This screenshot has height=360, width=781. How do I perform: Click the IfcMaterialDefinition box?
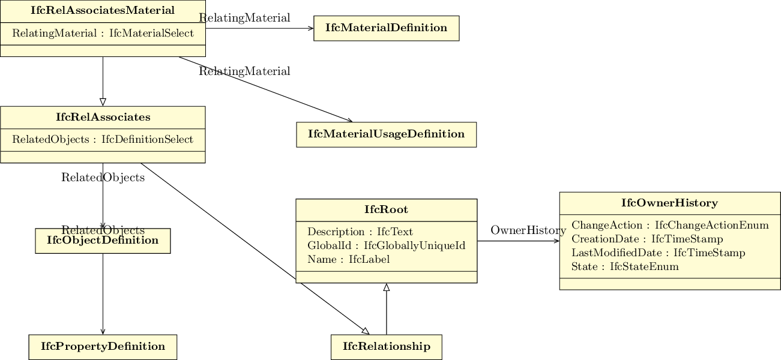click(387, 28)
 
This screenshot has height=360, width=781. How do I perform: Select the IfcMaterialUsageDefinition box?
click(387, 134)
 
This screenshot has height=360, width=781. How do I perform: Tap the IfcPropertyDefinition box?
click(103, 347)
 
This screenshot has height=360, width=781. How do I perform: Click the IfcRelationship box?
click(387, 347)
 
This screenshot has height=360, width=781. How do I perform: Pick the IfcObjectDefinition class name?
click(103, 240)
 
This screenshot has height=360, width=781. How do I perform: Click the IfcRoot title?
click(387, 209)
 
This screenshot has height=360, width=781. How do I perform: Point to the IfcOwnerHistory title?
click(669, 203)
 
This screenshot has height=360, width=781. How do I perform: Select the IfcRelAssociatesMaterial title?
click(103, 10)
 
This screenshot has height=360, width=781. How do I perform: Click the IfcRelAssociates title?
click(103, 117)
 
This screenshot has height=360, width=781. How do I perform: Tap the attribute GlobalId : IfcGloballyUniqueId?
click(387, 245)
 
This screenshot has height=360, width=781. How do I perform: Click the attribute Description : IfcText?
click(360, 232)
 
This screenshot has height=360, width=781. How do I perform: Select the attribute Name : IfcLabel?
click(349, 259)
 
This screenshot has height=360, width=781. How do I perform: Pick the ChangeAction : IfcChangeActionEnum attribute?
click(670, 225)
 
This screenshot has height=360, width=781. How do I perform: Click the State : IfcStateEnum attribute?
click(625, 266)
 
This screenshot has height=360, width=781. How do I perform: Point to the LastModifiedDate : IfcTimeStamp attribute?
click(659, 253)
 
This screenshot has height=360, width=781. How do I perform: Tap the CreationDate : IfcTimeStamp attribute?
click(647, 239)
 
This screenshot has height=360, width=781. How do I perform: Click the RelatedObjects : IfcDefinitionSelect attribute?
click(103, 139)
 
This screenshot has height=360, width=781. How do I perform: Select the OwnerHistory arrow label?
click(528, 230)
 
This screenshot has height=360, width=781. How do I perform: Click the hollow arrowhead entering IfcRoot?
click(387, 287)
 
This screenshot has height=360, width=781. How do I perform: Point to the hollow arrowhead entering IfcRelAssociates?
click(103, 102)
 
